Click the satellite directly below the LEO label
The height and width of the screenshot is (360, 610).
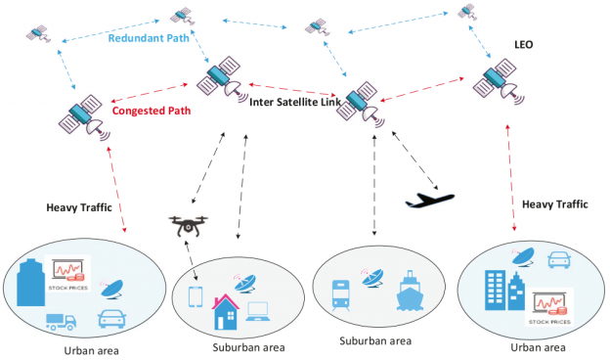click(500, 82)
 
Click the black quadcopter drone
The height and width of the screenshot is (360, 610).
click(190, 226)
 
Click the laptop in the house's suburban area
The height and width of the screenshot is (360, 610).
click(259, 312)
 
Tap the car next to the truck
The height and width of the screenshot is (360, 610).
click(110, 318)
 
